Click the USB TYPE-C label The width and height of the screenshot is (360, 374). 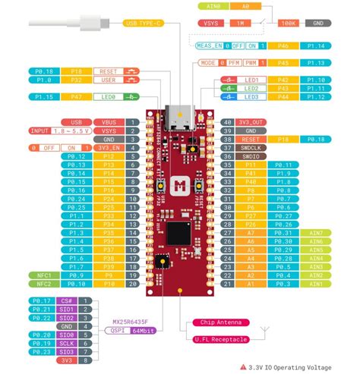click(145, 23)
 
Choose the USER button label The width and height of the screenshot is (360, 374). click(108, 79)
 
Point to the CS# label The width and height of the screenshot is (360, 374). click(68, 301)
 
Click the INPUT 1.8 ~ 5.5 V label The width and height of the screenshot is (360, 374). click(62, 130)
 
